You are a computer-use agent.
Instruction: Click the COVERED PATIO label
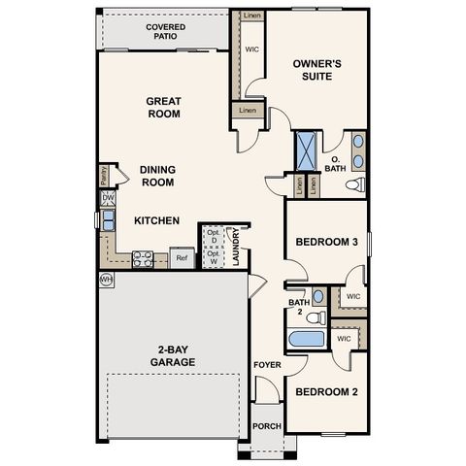point(166,33)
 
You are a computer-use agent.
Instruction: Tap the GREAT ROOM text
point(165,108)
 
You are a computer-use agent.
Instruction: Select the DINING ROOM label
point(157,175)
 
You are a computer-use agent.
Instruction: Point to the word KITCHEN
point(156,221)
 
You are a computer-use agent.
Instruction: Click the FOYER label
point(267,365)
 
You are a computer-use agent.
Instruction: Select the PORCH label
point(266,426)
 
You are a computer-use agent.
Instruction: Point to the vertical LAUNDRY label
point(236,247)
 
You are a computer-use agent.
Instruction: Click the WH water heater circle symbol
point(106,280)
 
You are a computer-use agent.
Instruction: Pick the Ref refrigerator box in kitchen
point(181,258)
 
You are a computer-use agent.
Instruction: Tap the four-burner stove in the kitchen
point(143,259)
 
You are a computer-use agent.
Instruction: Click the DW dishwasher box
point(108,199)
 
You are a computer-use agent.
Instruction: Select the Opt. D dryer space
point(213,236)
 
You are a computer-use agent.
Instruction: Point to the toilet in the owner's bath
point(355,183)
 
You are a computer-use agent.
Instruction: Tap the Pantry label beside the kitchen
point(104,175)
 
